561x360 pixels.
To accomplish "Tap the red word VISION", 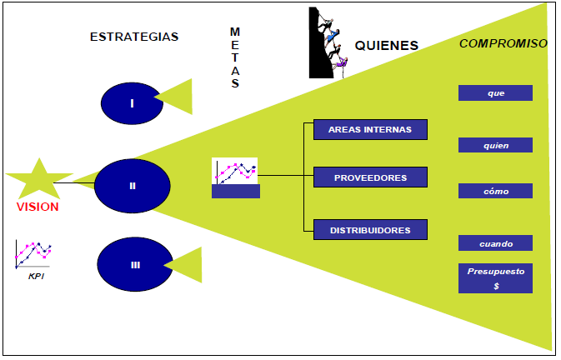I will pyautogui.click(x=38, y=207).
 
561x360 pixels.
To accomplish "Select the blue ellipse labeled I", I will pyautogui.click(x=132, y=103).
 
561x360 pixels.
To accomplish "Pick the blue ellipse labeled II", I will pyautogui.click(x=133, y=186).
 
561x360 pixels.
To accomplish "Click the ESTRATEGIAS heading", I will pyautogui.click(x=134, y=37).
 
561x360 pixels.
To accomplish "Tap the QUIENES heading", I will pyautogui.click(x=387, y=46).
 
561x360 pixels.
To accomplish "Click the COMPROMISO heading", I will pyautogui.click(x=503, y=43).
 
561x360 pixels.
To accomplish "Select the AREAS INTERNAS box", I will pyautogui.click(x=370, y=129).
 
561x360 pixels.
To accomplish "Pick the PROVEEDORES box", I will pyautogui.click(x=370, y=177).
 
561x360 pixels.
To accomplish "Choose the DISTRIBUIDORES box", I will pyautogui.click(x=370, y=228).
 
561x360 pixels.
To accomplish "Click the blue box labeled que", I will pyautogui.click(x=495, y=92).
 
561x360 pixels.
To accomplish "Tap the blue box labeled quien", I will pyautogui.click(x=495, y=145).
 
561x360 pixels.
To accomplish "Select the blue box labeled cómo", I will pyautogui.click(x=495, y=191).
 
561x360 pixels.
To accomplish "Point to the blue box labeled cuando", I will pyautogui.click(x=495, y=243).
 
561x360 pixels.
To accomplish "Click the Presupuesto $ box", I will pyautogui.click(x=495, y=278).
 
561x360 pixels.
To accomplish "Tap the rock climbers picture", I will pyautogui.click(x=327, y=42).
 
